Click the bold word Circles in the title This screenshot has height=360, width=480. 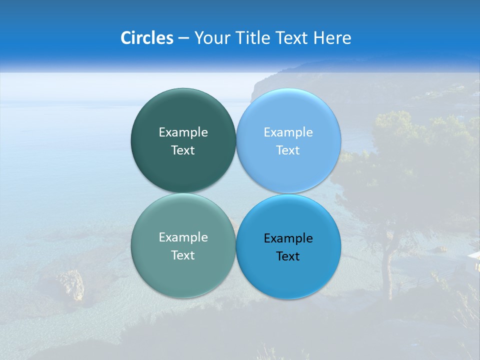(147, 38)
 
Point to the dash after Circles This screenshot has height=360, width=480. (183, 38)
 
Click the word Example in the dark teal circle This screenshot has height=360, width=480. (183, 132)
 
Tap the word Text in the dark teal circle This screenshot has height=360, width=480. (183, 150)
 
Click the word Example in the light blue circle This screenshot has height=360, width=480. (288, 132)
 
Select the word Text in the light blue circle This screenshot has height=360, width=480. (288, 150)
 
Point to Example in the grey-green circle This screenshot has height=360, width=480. (183, 237)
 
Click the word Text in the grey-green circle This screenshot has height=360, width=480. (183, 255)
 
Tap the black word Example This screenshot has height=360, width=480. (288, 238)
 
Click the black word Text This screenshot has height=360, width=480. (288, 256)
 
